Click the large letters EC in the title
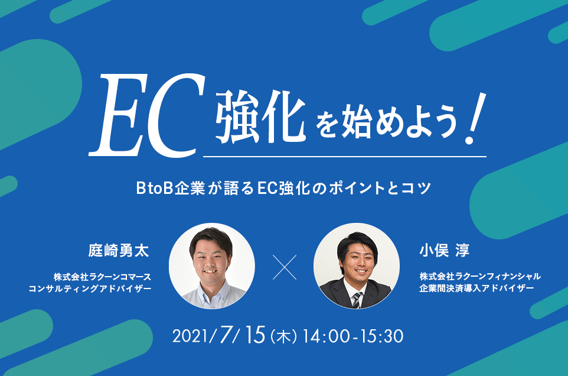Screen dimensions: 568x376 147,115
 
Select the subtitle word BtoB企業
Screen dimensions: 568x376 171,188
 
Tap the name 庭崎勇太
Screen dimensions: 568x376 119,251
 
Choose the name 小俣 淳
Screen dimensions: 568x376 445,251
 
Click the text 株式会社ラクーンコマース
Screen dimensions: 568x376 103,277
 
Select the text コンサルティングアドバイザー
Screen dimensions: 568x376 90,289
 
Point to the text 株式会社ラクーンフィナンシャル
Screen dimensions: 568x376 481,276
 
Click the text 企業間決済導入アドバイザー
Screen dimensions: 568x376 476,289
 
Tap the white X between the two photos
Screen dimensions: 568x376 285,267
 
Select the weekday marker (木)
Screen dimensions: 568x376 283,337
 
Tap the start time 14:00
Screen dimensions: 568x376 327,336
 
